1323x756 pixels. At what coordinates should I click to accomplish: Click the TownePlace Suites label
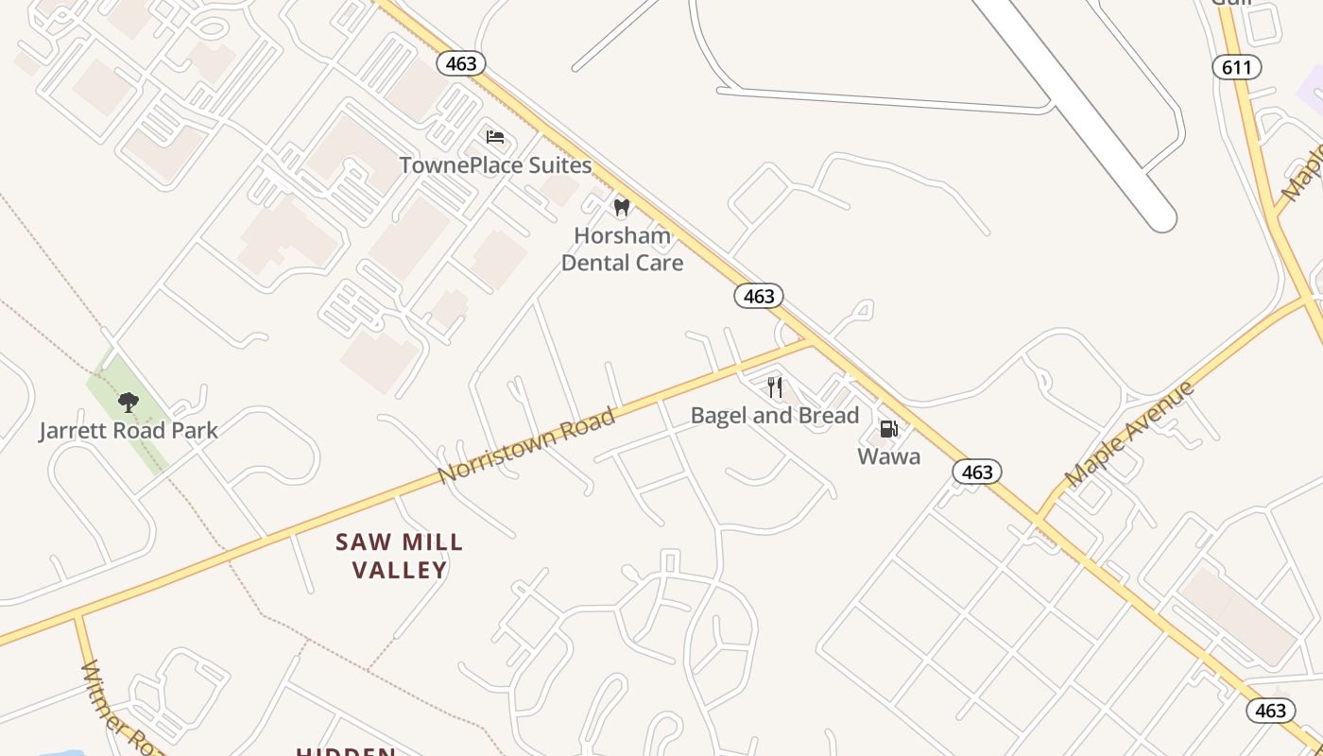[x=495, y=165]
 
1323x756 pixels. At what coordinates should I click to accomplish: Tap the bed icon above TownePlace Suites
[x=495, y=137]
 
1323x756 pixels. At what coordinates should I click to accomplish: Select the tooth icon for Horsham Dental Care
[x=621, y=207]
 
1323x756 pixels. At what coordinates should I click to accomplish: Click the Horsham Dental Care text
[x=622, y=249]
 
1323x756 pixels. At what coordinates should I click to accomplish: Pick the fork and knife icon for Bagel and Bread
[x=775, y=387]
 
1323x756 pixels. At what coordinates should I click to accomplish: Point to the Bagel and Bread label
[x=775, y=416]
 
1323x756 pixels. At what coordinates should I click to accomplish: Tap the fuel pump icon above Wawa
[x=888, y=430]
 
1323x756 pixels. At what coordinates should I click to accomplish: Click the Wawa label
[x=888, y=457]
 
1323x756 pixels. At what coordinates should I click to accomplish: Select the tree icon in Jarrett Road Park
[x=129, y=404]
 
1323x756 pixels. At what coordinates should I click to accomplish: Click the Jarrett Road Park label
[x=129, y=431]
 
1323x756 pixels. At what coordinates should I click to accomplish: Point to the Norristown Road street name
[x=527, y=445]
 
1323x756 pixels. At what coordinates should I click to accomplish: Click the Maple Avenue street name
[x=1129, y=435]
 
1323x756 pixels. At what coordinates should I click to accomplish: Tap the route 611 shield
[x=1236, y=66]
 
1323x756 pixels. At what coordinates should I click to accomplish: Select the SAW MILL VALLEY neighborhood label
[x=400, y=556]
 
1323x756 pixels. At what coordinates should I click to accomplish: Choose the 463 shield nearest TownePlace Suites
[x=461, y=63]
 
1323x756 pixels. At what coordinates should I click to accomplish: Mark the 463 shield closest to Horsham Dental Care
[x=759, y=297]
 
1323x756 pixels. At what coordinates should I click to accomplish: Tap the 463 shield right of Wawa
[x=976, y=472]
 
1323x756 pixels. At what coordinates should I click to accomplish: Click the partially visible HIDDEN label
[x=346, y=751]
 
